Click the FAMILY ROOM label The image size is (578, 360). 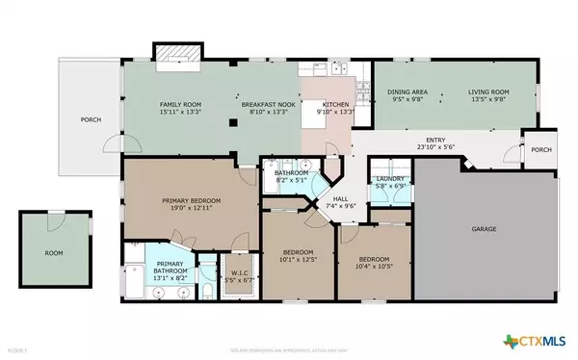click(179, 103)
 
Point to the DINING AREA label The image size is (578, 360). click(404, 91)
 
